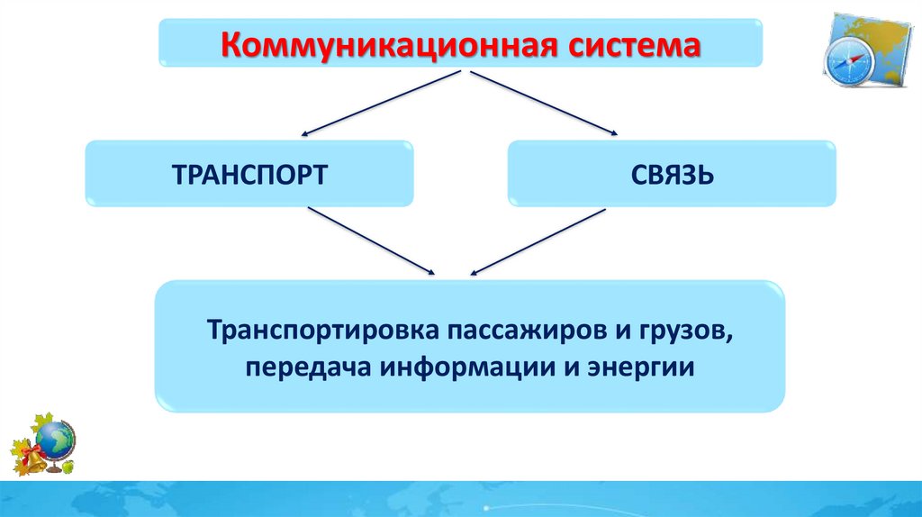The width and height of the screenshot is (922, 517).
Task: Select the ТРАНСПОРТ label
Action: (x=249, y=173)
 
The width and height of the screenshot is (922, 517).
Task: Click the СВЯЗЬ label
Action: (x=673, y=173)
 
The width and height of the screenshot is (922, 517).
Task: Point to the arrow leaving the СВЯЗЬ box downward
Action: (x=537, y=239)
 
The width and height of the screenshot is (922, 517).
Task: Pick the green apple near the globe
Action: (x=68, y=467)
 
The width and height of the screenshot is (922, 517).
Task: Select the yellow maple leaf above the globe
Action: (x=41, y=422)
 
